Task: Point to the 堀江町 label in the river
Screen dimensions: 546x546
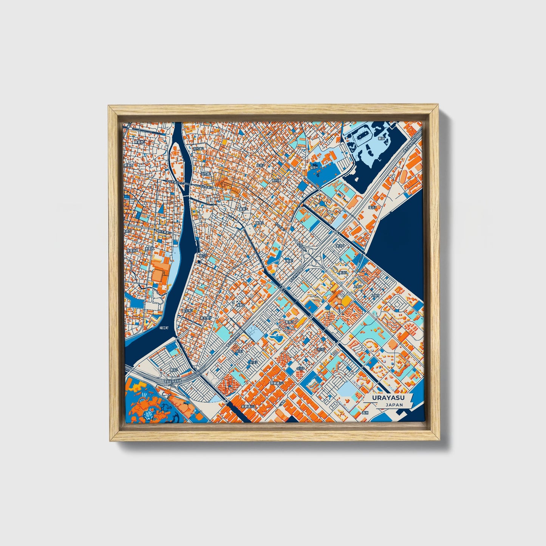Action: tap(153, 328)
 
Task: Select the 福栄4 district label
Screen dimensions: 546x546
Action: tap(314, 167)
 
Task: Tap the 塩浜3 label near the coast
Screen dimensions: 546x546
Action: tap(373, 207)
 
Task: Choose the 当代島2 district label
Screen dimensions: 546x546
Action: tap(198, 149)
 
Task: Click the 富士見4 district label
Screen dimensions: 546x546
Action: tap(206, 318)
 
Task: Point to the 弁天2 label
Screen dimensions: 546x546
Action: tap(252, 362)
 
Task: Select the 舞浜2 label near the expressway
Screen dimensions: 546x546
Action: tap(173, 370)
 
